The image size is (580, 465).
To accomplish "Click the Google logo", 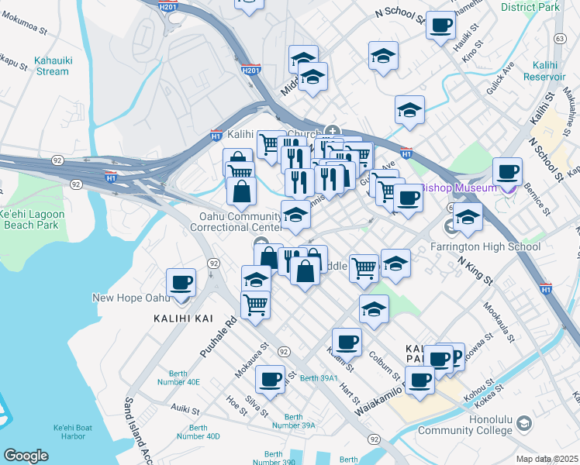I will pos(26,456).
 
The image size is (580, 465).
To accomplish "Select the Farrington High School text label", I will pos(485,247).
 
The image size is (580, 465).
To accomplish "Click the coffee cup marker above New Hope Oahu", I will pos(181,282).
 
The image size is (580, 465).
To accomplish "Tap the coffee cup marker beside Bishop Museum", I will pos(507,172).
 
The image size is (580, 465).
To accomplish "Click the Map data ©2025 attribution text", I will pos(547,459).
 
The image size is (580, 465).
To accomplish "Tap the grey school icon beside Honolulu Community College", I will pos(525,424).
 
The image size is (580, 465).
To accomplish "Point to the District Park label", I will pos(530,7).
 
